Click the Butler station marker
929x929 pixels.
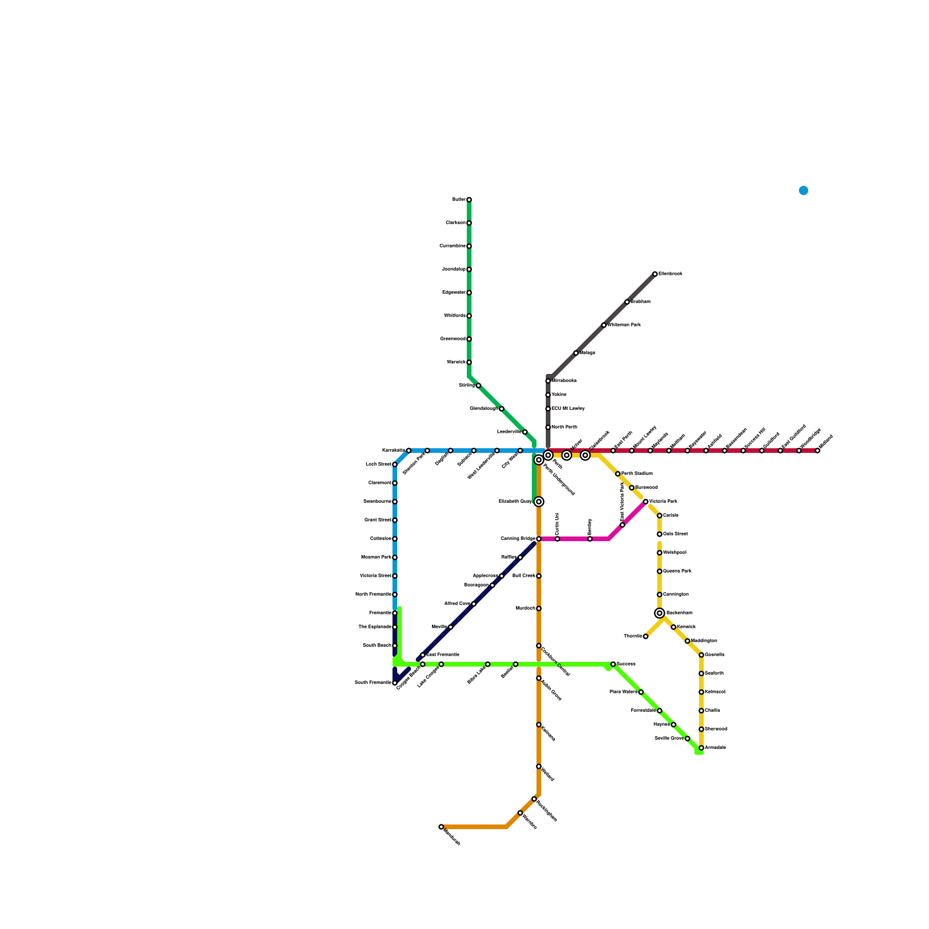click(x=469, y=200)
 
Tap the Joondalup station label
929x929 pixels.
click(x=453, y=269)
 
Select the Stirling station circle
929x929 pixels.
click(x=478, y=386)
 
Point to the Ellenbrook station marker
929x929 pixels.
click(x=655, y=274)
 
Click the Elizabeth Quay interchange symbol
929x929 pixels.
click(x=539, y=502)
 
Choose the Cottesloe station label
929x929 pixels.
click(x=380, y=539)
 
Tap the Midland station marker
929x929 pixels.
click(x=818, y=451)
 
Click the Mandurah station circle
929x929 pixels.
click(x=441, y=827)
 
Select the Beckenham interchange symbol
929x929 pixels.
click(x=660, y=613)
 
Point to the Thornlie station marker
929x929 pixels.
click(x=646, y=636)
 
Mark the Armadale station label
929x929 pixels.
click(x=715, y=748)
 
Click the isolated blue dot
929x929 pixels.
click(x=804, y=190)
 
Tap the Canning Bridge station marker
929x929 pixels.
click(x=539, y=539)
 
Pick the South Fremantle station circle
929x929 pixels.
click(x=395, y=683)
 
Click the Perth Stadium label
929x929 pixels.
click(x=637, y=474)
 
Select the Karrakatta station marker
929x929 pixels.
click(x=409, y=451)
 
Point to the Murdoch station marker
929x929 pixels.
click(x=539, y=608)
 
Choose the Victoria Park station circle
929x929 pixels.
click(x=646, y=502)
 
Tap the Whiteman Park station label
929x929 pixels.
click(x=624, y=325)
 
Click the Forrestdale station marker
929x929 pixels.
click(x=660, y=711)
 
